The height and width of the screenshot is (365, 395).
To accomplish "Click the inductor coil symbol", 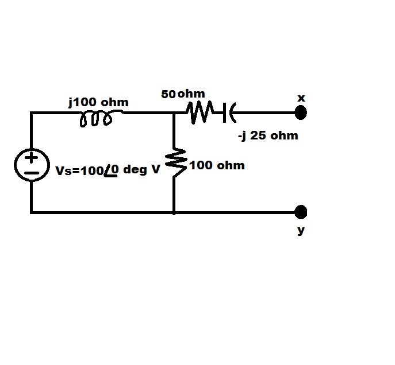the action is point(96,119).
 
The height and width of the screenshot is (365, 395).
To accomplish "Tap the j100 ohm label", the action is point(98,103).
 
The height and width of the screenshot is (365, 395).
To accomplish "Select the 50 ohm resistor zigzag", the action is point(200,112).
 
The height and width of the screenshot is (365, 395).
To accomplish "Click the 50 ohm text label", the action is point(183,94).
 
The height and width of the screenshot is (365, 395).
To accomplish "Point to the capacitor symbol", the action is point(229,112).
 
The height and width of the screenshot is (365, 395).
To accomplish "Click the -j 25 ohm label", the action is point(268,136).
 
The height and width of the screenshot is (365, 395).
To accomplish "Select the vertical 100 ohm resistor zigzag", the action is point(176,162).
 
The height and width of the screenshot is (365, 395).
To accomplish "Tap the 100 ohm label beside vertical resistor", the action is point(217,165).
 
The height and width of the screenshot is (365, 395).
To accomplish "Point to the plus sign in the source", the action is point(31,158).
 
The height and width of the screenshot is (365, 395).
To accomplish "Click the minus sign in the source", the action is point(32,173).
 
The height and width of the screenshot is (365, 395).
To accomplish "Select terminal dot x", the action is point(301,112).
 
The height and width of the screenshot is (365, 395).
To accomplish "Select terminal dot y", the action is point(301,212).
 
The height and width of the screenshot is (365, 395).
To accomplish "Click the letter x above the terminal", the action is point(301,98).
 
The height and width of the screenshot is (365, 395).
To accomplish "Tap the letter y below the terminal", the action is point(301,230).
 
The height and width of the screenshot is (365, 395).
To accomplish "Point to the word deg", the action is point(135,170).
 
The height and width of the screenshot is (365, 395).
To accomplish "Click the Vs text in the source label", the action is point(63,170).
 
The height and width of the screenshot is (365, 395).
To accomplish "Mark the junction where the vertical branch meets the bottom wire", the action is point(174,213).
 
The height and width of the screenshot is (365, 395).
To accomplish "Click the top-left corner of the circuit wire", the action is point(31,112).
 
